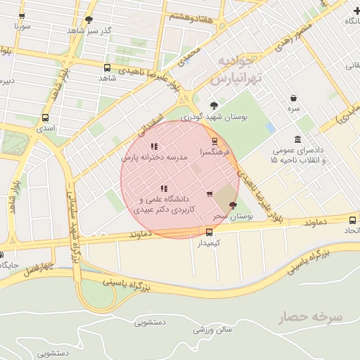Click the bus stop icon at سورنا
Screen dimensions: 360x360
click(21, 15)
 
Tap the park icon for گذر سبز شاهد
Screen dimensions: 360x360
click(89, 20)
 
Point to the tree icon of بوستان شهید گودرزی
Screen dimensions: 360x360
click(214, 105)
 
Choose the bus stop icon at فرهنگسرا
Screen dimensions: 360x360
click(214, 141)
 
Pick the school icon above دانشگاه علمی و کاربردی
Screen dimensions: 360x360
click(164, 188)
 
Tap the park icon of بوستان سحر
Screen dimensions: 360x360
click(233, 205)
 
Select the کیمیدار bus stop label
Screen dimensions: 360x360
click(209, 243)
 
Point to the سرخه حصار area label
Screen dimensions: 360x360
click(310, 317)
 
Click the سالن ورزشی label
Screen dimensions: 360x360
click(213, 330)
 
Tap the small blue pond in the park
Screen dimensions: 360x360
click(271, 128)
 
